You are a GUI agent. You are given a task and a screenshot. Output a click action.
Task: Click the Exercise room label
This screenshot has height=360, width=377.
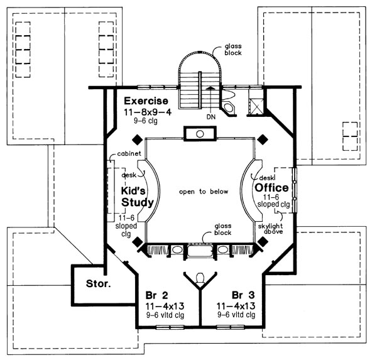coord(146,101)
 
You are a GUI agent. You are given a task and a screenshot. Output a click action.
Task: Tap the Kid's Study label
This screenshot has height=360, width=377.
coord(138,196)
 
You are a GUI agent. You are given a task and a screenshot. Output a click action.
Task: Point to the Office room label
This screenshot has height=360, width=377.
coord(271,188)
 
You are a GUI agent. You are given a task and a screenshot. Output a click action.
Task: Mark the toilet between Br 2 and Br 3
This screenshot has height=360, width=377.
coord(200,278)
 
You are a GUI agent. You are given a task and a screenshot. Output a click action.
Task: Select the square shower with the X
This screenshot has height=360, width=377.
coord(255,105)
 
